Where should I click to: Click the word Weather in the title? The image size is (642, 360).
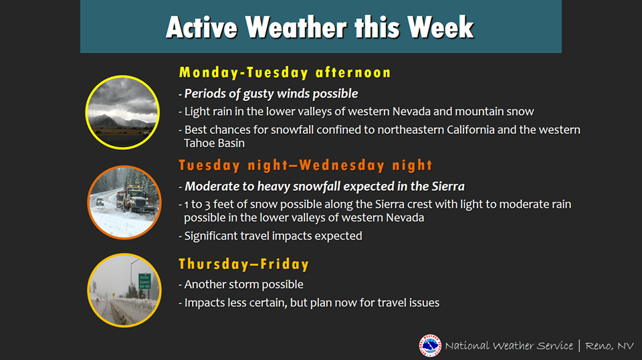[x=297, y=27]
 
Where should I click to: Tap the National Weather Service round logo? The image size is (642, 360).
[x=430, y=346]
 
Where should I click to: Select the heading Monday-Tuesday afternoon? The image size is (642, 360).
[x=285, y=73]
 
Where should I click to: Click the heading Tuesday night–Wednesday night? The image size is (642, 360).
[x=306, y=165]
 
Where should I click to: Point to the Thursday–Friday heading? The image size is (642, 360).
[x=243, y=264]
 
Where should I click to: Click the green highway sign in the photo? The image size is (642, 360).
[x=144, y=281]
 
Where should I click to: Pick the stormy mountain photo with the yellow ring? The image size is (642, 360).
[x=122, y=112]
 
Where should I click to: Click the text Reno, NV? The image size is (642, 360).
[x=609, y=346]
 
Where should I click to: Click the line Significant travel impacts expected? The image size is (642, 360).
[x=271, y=236]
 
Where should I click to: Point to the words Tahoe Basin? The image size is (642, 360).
[x=214, y=143]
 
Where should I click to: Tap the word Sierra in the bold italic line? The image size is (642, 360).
[x=448, y=186]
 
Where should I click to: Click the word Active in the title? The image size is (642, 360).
[x=201, y=27]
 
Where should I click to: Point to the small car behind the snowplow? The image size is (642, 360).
[x=100, y=201]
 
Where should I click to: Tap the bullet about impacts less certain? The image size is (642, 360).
[x=309, y=302]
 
